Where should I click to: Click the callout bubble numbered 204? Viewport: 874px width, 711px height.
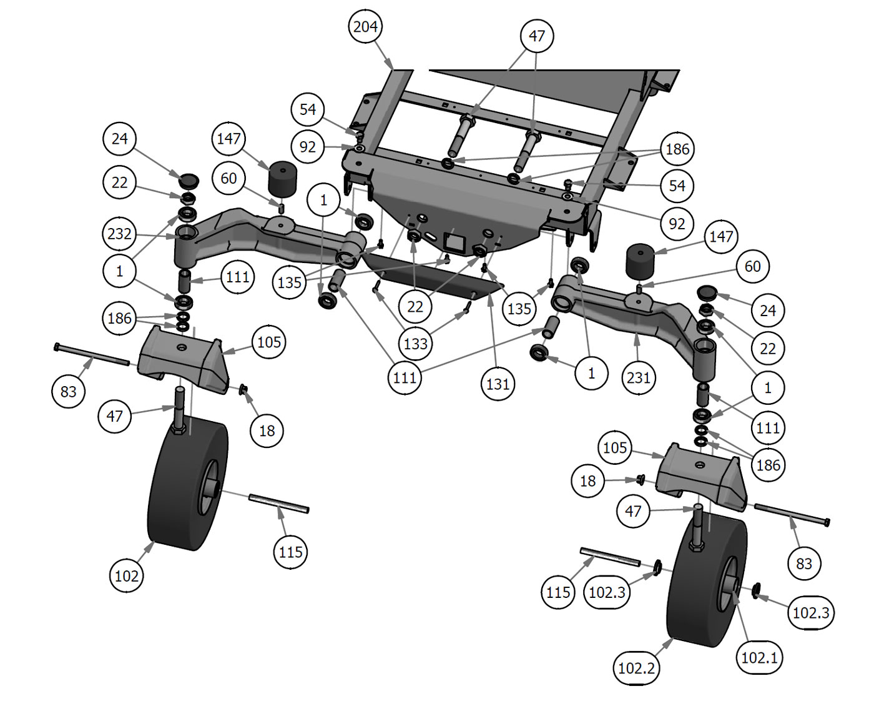coord(365,27)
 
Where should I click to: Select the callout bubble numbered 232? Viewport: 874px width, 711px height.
coord(119,234)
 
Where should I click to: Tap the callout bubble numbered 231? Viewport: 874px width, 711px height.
coord(638,377)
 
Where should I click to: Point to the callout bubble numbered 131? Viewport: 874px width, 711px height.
coord(498,384)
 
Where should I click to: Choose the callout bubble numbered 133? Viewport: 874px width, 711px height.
coord(416,343)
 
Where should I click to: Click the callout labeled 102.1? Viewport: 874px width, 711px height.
coord(759,657)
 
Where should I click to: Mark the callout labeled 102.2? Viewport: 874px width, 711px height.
coord(636,668)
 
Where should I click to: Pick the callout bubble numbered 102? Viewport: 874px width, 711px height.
coord(127,575)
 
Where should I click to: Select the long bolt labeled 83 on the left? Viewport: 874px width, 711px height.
coord(92,354)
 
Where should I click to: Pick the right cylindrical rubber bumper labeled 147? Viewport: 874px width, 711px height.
coord(639,261)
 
